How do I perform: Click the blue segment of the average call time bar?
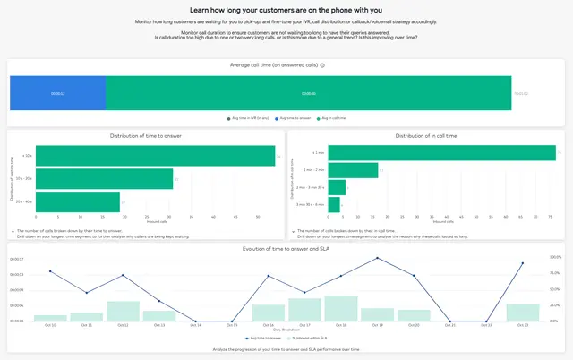(x=57, y=93)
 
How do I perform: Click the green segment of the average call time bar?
(x=307, y=93)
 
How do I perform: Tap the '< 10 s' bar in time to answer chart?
(x=156, y=157)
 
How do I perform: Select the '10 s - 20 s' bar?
(x=106, y=179)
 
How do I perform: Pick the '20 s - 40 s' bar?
(x=79, y=202)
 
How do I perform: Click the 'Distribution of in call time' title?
(x=425, y=135)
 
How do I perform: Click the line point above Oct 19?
(x=377, y=258)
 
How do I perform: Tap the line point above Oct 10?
(x=51, y=270)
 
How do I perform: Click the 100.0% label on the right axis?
(x=554, y=257)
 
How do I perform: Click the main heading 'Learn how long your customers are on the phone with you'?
(x=286, y=9)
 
